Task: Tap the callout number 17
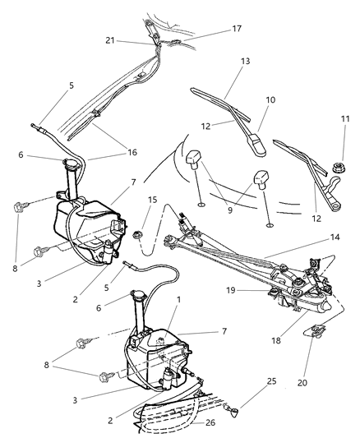coord(237,30)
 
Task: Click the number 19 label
coord(232,289)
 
